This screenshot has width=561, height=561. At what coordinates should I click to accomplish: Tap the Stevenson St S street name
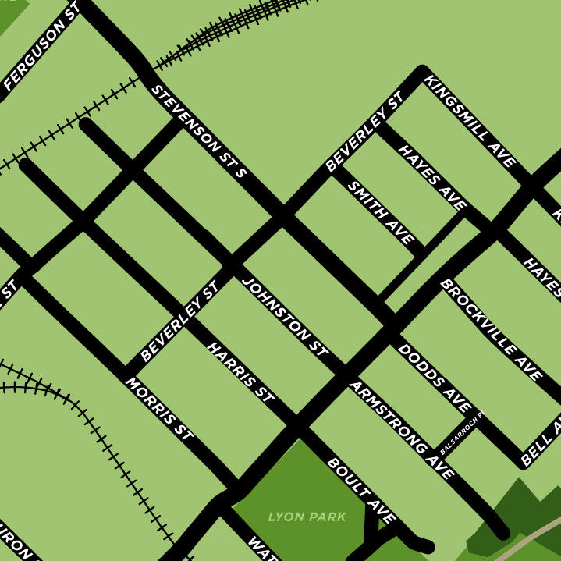(198, 131)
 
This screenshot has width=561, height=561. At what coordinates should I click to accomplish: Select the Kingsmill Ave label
(470, 121)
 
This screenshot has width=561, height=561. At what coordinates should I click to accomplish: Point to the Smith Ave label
(380, 211)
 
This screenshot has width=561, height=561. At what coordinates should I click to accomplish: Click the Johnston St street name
(286, 316)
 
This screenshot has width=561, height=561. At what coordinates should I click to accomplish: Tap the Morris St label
(159, 408)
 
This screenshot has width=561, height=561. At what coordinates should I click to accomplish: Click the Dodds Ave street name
(435, 377)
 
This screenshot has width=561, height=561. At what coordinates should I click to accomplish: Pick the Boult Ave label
(360, 489)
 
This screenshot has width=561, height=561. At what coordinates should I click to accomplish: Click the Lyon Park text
(307, 517)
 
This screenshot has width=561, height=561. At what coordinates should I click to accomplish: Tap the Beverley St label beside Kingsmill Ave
(364, 132)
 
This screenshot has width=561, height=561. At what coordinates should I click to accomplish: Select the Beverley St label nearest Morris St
(179, 321)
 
